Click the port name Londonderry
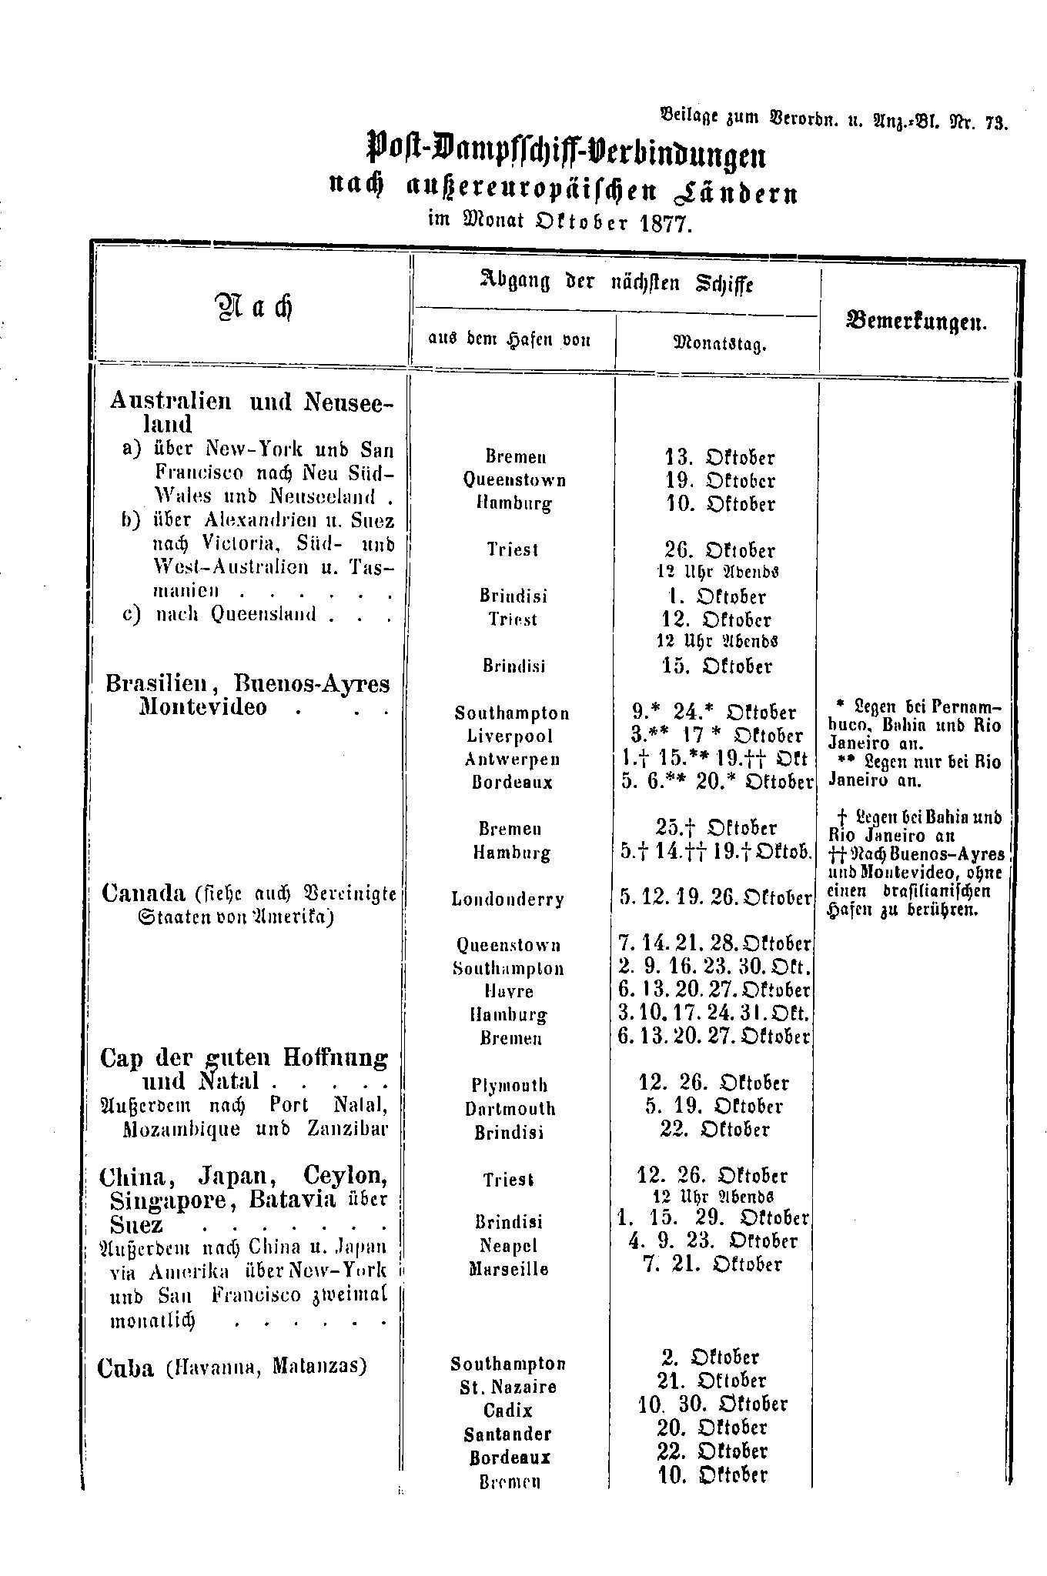(x=508, y=899)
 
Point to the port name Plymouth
(x=509, y=1085)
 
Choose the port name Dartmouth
(x=510, y=1108)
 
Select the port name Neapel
(x=508, y=1244)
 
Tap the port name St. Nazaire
(x=508, y=1387)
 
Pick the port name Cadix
(x=508, y=1410)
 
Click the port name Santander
(x=507, y=1434)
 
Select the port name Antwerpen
(x=512, y=759)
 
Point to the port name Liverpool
(x=509, y=736)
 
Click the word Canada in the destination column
(x=144, y=893)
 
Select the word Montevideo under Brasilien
(x=203, y=706)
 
